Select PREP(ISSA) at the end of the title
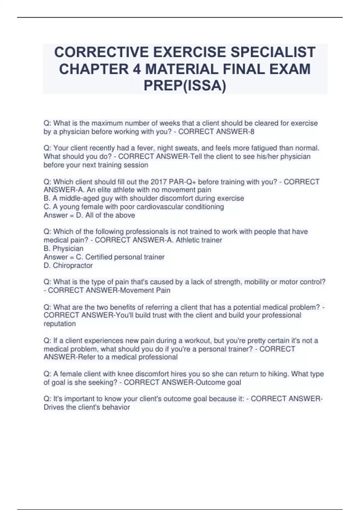(x=185, y=86)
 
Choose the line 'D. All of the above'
(x=105, y=215)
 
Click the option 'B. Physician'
(x=64, y=248)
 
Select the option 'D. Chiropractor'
(x=68, y=265)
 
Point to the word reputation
(x=60, y=324)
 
